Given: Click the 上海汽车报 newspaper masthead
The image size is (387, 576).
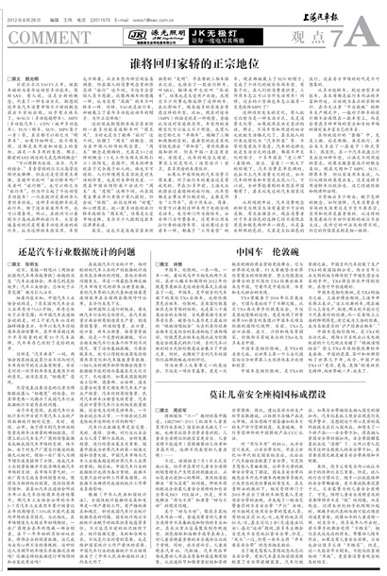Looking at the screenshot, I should (344, 9).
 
